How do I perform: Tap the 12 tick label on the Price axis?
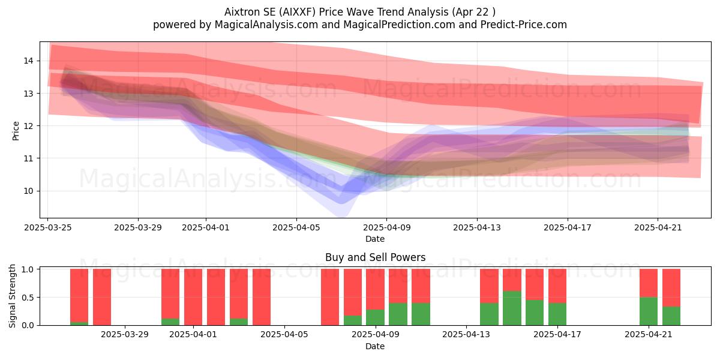[28, 126]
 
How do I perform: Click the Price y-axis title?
[16, 131]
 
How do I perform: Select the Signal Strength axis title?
[12, 296]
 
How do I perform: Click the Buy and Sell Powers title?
[375, 257]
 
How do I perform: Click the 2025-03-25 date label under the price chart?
[48, 227]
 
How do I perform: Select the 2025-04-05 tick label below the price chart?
[296, 227]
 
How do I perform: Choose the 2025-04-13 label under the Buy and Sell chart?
[466, 335]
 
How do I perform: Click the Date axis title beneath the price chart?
[375, 239]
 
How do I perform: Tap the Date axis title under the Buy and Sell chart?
[375, 346]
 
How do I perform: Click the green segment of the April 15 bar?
[512, 308]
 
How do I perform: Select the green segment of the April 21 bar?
[649, 311]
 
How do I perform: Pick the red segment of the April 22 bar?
[671, 287]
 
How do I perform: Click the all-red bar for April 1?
[193, 297]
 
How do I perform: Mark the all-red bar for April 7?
[330, 297]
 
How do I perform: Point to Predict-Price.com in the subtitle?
[524, 25]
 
